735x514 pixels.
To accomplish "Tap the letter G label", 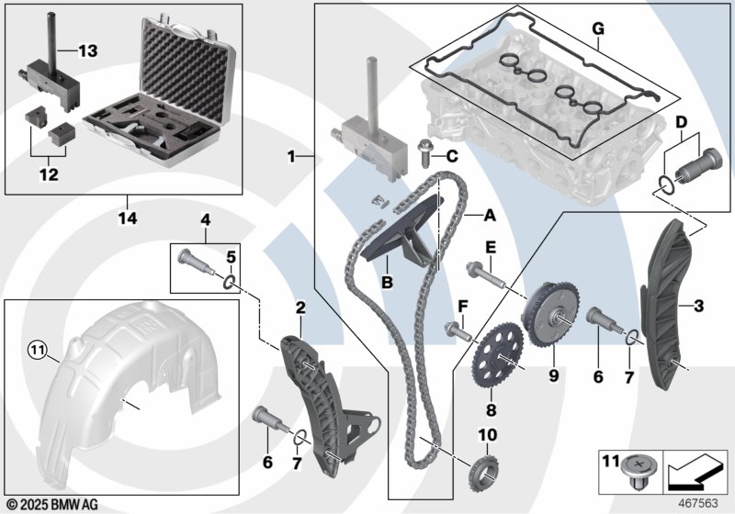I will point(597,29).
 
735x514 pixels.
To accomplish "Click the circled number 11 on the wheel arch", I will point(36,348).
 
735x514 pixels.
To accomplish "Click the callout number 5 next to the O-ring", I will point(232,256).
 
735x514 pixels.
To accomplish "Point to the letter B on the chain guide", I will point(387,284).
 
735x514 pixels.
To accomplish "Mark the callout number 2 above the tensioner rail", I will point(300,306).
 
